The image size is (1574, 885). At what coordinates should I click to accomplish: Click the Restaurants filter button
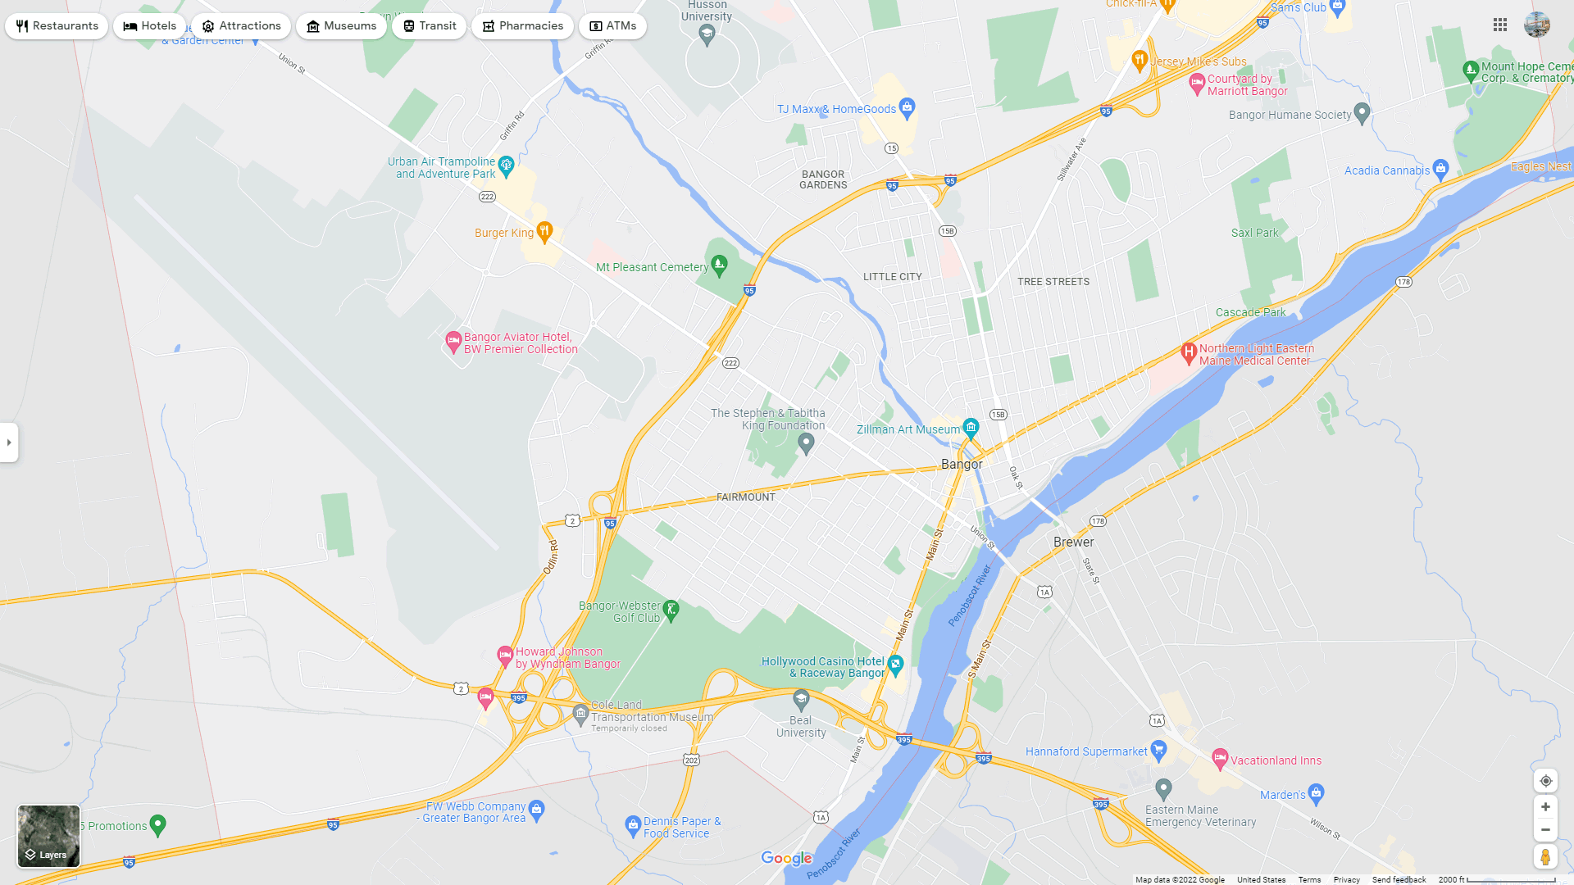(x=57, y=26)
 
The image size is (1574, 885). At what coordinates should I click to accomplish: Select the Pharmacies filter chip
(x=522, y=26)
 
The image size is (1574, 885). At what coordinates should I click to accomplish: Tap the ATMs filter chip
(x=612, y=26)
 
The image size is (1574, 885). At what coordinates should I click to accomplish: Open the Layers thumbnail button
(x=49, y=836)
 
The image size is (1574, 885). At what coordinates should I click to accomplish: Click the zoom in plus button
(x=1545, y=807)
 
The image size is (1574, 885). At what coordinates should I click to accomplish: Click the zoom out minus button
(x=1545, y=830)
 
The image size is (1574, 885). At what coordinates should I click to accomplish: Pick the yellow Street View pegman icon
(x=1545, y=857)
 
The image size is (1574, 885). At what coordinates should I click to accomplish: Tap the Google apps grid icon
(x=1500, y=25)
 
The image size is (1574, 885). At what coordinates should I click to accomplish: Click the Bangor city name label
(x=962, y=465)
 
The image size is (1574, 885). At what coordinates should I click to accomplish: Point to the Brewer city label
(x=1073, y=542)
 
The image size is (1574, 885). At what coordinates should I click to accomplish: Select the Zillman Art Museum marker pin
(x=971, y=427)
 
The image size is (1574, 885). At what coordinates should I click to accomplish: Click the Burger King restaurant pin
(x=544, y=231)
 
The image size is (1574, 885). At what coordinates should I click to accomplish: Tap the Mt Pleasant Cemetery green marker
(x=719, y=264)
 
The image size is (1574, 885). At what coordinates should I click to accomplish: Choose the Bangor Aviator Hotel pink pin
(x=453, y=341)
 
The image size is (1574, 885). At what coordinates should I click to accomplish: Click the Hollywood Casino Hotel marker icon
(x=895, y=665)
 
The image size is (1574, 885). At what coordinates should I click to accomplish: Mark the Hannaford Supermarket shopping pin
(x=1158, y=749)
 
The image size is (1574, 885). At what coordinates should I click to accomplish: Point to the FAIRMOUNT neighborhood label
(x=745, y=497)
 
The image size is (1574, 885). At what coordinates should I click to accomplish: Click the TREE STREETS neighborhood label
(x=1053, y=282)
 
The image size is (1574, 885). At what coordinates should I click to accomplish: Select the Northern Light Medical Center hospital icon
(x=1188, y=352)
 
